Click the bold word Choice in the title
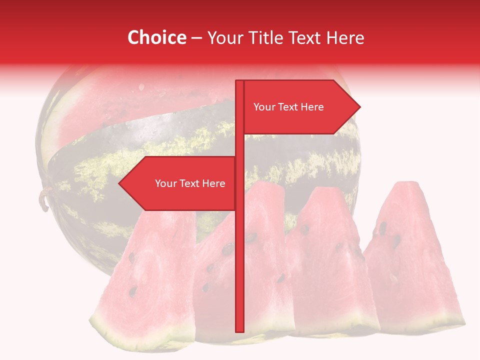coord(156,37)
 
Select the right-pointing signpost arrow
coord(300,107)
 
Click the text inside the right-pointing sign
coord(288,107)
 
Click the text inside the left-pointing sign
coord(190,183)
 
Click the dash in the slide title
coord(196,38)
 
